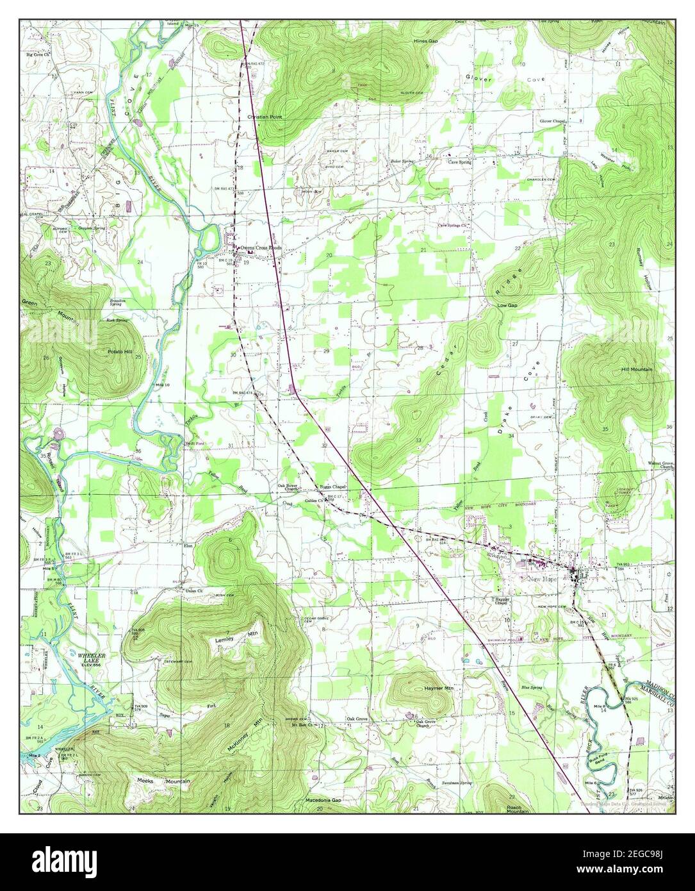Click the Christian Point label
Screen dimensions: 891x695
point(265,117)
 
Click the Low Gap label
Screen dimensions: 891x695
point(507,306)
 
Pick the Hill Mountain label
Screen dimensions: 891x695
point(637,370)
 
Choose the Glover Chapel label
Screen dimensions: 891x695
point(552,121)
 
